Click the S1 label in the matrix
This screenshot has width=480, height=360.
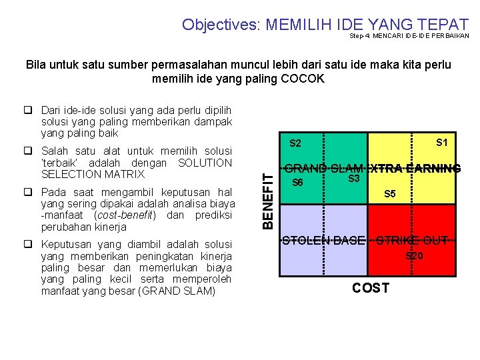[x=441, y=142]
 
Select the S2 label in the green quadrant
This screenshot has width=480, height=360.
[x=295, y=143]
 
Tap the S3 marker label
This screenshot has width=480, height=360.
[x=354, y=179]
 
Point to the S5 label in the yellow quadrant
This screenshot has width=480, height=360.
[x=390, y=194]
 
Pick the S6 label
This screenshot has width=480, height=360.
[x=298, y=183]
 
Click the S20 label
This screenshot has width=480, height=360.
[x=414, y=255]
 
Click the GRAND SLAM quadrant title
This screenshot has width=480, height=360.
[x=323, y=169]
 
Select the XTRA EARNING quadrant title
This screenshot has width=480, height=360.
[x=415, y=169]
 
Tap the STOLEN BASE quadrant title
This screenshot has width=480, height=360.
[x=323, y=241]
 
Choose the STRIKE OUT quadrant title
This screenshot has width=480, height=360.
[x=412, y=241]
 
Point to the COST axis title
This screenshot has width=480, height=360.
[x=370, y=287]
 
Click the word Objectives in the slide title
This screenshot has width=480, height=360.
[x=221, y=25]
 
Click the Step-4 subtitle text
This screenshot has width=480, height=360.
[x=409, y=36]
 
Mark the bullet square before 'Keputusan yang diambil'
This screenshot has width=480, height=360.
[x=31, y=244]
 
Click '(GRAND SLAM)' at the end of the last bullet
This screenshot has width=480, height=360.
[x=183, y=291]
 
